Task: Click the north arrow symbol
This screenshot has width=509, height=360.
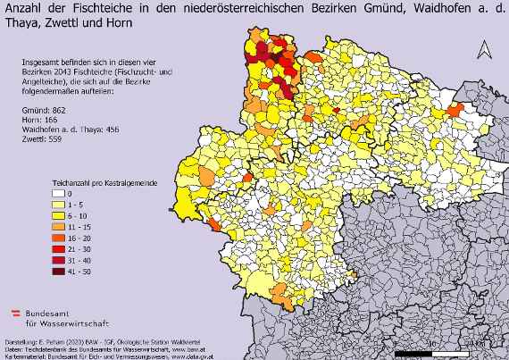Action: point(483,50)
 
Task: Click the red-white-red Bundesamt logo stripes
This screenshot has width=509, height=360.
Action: point(15,314)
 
